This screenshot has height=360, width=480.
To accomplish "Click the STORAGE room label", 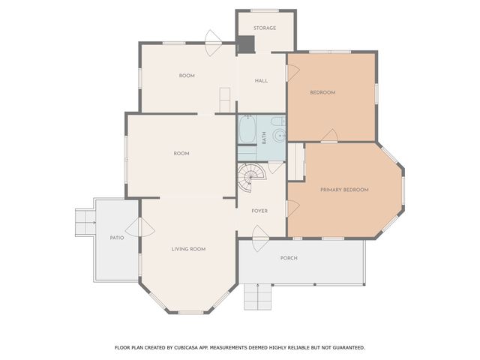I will coord(265,28).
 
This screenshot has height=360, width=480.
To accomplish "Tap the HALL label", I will coord(261,81).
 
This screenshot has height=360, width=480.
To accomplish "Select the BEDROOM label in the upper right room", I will coord(322,92).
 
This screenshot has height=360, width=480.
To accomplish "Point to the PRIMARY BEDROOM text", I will coord(344,190).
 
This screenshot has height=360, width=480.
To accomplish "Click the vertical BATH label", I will coord(264,137).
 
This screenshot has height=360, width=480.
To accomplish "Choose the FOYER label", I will coord(259,211).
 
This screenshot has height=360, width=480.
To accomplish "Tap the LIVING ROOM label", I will coord(188,249).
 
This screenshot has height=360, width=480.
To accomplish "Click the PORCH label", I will coord(289,258).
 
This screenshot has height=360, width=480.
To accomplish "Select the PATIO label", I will coord(116,238).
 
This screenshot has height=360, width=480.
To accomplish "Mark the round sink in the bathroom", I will coord(278,136).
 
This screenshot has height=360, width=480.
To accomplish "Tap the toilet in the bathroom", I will coord(277,121).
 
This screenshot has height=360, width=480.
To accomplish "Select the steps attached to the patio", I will coord(84,220).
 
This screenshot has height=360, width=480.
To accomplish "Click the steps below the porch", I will coord(256,298).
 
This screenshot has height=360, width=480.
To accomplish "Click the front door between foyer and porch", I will coord(259,241).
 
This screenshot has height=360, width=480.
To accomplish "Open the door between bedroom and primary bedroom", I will coord(328,136).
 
